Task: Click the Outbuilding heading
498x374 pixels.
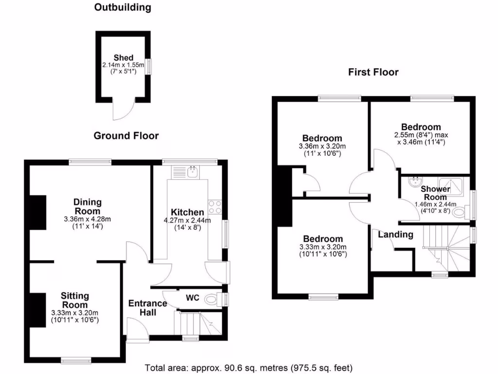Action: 123,7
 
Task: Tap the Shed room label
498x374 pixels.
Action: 123,58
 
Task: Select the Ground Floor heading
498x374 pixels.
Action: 126,136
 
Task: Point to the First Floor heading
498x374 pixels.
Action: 373,73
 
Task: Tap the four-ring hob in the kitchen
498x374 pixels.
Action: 215,207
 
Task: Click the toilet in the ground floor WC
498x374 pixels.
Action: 213,299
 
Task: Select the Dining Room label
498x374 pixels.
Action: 88,206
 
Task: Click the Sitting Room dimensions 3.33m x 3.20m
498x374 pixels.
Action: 75,313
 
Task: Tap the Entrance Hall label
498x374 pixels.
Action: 147,307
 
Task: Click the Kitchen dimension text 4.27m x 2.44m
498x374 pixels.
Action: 188,220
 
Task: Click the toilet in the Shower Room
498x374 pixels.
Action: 460,212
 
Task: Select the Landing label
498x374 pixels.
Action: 395,235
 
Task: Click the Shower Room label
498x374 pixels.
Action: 435,193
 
